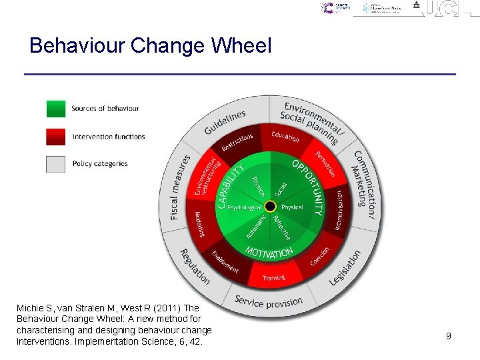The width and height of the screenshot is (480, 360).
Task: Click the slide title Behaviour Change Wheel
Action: (151, 46)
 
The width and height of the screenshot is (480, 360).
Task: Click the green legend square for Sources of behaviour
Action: (56, 109)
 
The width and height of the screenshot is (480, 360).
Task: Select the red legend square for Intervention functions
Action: (56, 137)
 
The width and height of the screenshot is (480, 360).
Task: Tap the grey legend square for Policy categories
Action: (56, 164)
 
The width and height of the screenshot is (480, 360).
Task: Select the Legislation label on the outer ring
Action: (345, 268)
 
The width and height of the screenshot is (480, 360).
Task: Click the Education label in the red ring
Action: (285, 137)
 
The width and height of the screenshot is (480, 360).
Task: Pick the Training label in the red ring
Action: (274, 277)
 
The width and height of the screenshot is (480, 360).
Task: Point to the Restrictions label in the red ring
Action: (237, 142)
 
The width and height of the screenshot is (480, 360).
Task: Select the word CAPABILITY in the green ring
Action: (231, 185)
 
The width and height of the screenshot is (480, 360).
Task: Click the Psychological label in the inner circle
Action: (245, 208)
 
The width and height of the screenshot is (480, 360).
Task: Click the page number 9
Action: (449, 336)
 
